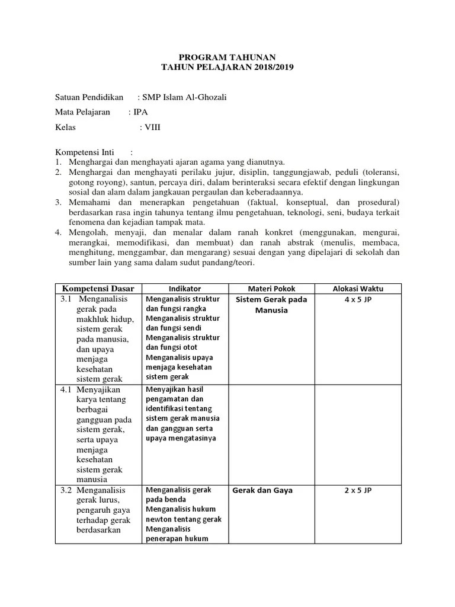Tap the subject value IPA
coord(141,112)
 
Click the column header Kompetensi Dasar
coord(98,289)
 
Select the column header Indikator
coord(184,289)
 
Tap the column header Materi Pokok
coord(271,289)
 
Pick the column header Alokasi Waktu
coord(358,289)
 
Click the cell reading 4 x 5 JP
coord(358,299)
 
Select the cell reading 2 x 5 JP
coord(358,490)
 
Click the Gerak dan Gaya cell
coord(262,490)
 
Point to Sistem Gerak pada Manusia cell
coord(271,305)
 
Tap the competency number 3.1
coord(66,299)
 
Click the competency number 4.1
coord(66,390)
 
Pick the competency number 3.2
coord(66,490)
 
